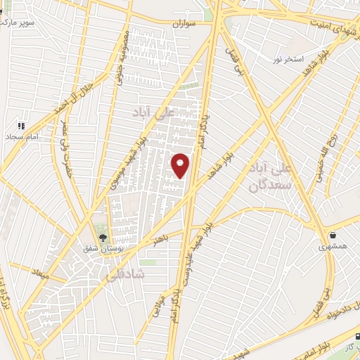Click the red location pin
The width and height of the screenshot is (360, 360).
181,165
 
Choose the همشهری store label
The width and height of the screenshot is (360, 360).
332,247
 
